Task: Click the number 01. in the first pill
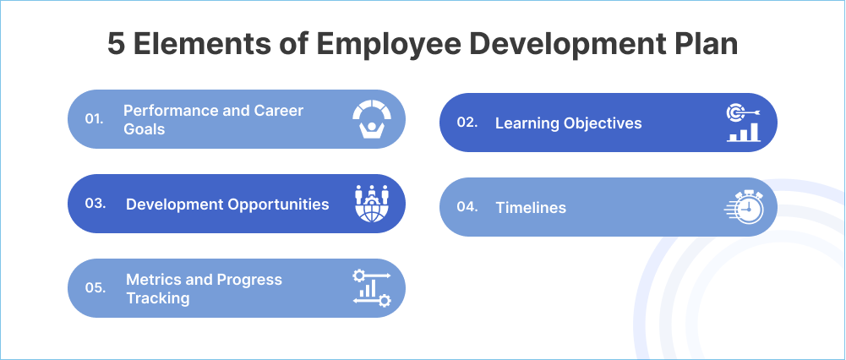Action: pos(95,119)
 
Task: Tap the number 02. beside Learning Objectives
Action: pos(467,123)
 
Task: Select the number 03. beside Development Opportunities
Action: pos(96,204)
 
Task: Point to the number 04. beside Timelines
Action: pos(467,207)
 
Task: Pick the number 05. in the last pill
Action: pos(96,288)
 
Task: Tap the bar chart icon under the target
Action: pos(744,133)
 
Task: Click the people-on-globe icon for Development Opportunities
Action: pos(371,204)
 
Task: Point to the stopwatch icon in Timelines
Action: pos(745,208)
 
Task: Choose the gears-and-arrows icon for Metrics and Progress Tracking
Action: pos(371,288)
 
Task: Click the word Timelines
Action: pos(531,208)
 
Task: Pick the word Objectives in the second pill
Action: pos(602,123)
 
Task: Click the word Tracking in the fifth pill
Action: pos(157,298)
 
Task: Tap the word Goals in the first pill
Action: pos(144,129)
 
